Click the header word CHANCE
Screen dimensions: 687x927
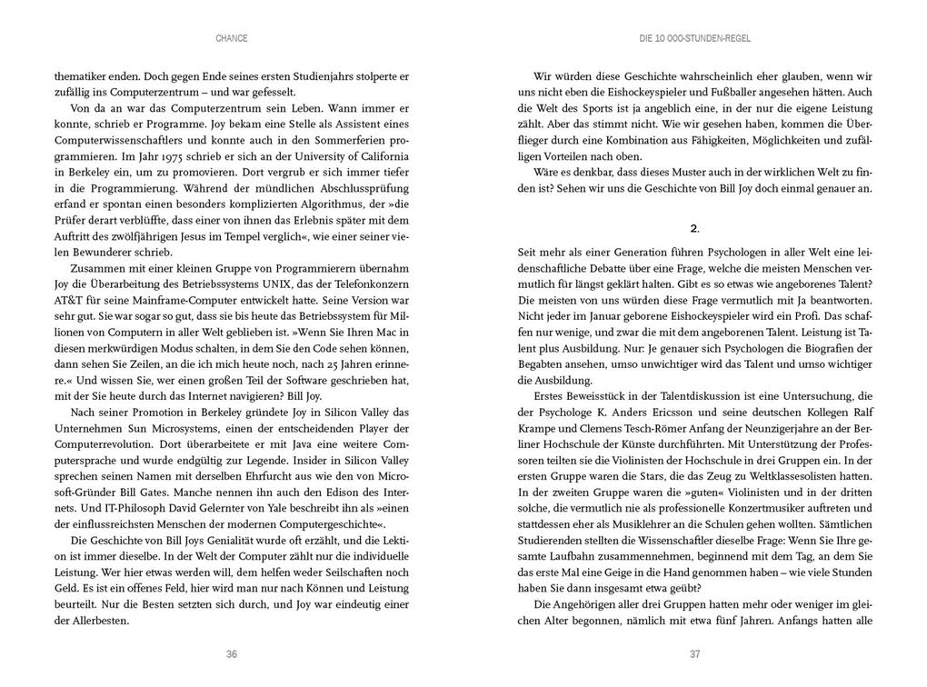[232, 38]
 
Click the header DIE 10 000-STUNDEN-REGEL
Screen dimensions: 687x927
[694, 38]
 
